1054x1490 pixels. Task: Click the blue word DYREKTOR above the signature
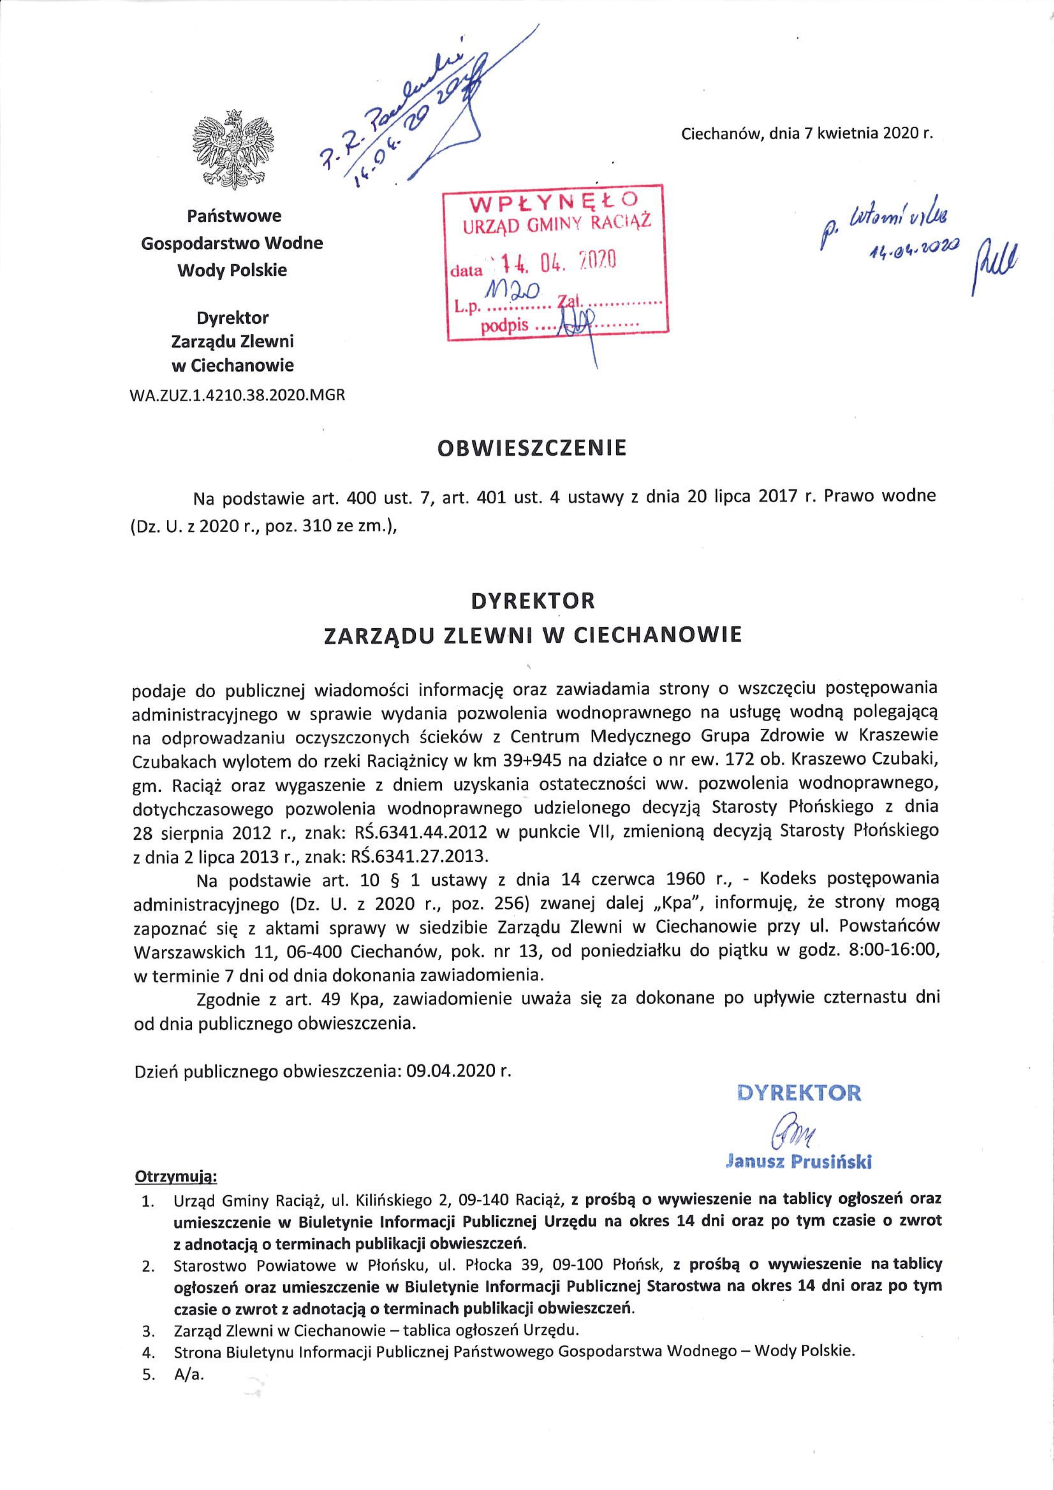799,1092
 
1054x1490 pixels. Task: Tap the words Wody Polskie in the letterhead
233,270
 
